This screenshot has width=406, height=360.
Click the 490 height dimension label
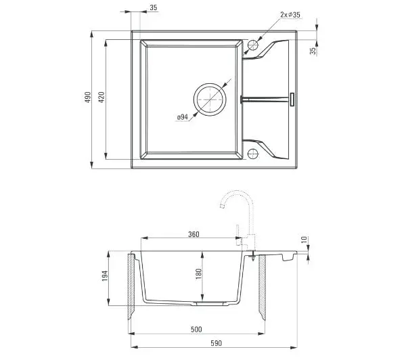[x=88, y=97]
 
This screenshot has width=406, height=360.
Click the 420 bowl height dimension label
[x=101, y=97]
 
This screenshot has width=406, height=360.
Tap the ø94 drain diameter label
[x=183, y=117]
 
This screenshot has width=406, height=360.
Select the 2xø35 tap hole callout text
[x=290, y=14]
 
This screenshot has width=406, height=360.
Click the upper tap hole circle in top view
[x=253, y=45]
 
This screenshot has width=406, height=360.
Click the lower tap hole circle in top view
[x=253, y=154]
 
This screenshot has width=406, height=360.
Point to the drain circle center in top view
[x=210, y=99]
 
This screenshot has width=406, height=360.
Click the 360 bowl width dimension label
[x=194, y=234]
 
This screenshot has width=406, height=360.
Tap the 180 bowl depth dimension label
[x=198, y=274]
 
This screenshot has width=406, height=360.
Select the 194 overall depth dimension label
[x=105, y=276]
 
